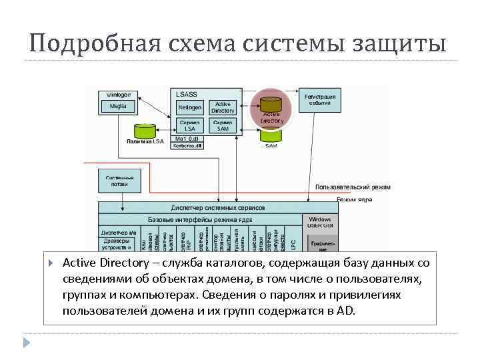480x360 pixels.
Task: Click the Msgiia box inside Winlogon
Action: pyautogui.click(x=117, y=105)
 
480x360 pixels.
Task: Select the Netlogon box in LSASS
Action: pyautogui.click(x=190, y=107)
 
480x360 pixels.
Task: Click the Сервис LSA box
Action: pyautogui.click(x=190, y=125)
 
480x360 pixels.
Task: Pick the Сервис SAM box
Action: pyautogui.click(x=222, y=125)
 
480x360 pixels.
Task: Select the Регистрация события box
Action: pyautogui.click(x=320, y=100)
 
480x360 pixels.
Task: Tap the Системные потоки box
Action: pyautogui.click(x=120, y=181)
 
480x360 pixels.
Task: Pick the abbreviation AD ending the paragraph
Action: pyautogui.click(x=346, y=311)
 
